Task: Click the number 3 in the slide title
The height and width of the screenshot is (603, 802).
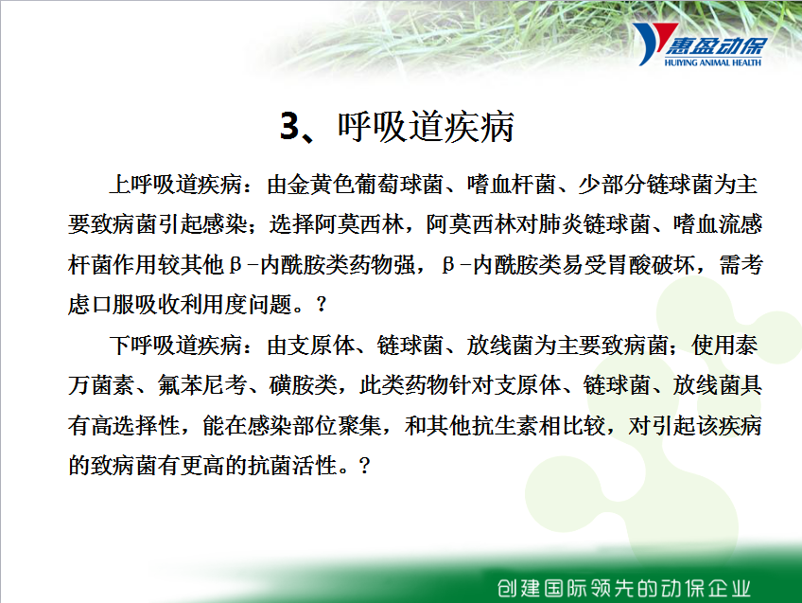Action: [x=289, y=126]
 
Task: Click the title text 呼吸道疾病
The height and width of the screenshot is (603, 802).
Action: [x=426, y=127]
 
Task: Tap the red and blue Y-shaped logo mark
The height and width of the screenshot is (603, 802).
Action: [x=654, y=44]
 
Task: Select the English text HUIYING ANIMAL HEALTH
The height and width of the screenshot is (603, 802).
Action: [x=712, y=62]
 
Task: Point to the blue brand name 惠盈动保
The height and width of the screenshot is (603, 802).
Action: [x=716, y=46]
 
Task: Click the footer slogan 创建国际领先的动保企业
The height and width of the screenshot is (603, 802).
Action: [x=623, y=588]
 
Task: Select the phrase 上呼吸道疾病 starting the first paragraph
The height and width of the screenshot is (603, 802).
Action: [x=176, y=185]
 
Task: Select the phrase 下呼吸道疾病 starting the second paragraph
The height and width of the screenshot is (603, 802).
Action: [x=176, y=345]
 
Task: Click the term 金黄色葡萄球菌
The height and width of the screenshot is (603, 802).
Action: [x=355, y=185]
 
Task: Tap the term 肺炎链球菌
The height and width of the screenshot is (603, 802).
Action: [x=594, y=224]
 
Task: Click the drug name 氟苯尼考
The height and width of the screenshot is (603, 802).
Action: [x=202, y=385]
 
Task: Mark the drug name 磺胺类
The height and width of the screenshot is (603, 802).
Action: [x=303, y=385]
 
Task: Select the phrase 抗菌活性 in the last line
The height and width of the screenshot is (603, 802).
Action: [x=292, y=466]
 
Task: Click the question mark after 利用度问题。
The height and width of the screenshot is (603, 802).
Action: [x=322, y=305]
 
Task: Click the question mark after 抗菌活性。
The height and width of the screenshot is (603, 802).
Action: [x=365, y=466]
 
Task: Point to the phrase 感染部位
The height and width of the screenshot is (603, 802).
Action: [x=291, y=425]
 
